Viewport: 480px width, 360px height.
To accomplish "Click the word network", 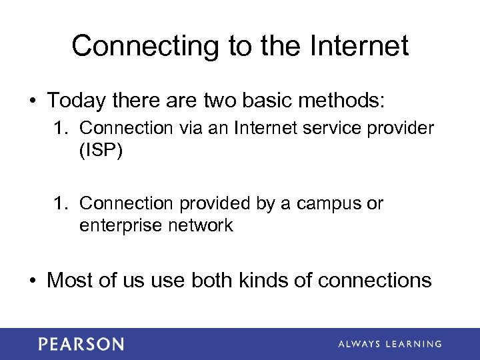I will (x=200, y=225).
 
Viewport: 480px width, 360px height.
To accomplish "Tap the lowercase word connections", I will (x=375, y=280).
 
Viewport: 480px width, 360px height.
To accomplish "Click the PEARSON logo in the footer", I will (x=81, y=344).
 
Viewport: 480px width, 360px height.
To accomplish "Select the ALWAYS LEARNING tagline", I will (x=390, y=344).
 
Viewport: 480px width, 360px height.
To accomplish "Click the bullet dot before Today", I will (x=33, y=101).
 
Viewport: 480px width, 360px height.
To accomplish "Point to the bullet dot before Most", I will (x=33, y=281).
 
